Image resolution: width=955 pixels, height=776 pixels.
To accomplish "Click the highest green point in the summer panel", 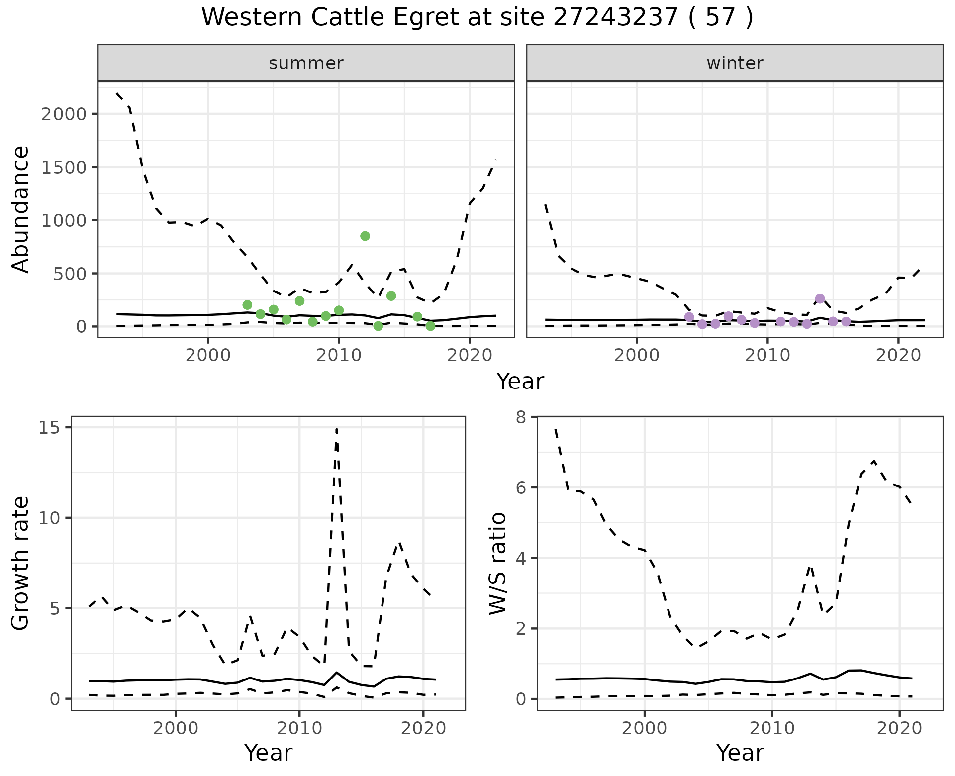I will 365,236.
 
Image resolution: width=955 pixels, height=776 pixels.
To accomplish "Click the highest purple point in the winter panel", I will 820,299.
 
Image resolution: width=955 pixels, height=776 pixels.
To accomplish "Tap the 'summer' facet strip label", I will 306,63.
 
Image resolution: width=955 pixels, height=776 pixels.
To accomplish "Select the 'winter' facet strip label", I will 735,63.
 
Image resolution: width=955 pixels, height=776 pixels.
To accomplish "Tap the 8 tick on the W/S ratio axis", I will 521,417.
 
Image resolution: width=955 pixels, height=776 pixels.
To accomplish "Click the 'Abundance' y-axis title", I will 21,209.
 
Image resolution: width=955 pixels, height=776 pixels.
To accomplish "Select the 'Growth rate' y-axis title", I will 21,563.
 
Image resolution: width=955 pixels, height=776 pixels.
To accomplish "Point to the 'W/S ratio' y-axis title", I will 498,563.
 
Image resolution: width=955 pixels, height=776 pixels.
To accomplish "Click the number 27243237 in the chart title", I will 616,18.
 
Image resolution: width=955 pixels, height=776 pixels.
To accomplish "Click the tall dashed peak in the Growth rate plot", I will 337,429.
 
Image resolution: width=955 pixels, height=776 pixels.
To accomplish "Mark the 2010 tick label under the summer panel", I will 339,355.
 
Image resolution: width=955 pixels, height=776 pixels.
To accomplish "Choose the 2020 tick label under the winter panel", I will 898,355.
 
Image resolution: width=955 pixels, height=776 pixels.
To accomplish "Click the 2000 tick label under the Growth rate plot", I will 175,728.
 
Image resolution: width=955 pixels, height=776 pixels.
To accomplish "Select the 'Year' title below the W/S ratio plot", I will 740,753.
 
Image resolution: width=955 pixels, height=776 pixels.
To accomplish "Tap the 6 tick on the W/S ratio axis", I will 521,487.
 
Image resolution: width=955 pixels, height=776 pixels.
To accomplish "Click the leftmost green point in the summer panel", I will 247,305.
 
